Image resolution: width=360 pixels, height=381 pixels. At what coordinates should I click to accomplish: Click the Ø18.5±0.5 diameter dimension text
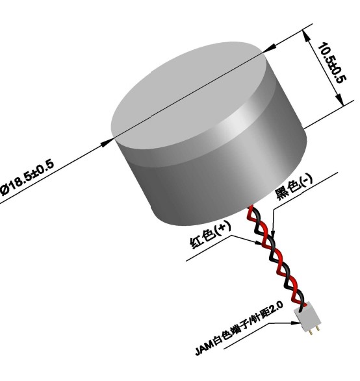27,177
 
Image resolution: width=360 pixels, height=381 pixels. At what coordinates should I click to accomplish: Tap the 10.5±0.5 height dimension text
332,63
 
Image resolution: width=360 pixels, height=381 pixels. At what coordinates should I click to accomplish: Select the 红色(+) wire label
211,236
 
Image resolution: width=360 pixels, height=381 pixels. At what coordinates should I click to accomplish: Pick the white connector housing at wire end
308,316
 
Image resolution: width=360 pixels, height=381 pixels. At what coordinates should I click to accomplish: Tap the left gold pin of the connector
311,332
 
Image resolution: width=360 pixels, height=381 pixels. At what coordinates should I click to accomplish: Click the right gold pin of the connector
318,328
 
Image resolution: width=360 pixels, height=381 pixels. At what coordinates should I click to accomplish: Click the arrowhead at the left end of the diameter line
107,143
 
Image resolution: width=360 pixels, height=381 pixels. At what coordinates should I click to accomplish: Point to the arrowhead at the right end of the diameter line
270,48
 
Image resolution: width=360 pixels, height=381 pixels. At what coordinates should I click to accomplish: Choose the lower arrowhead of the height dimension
340,99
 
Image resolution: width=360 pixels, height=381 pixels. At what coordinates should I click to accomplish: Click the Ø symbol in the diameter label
5,190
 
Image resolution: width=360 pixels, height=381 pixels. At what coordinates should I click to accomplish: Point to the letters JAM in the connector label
204,349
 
